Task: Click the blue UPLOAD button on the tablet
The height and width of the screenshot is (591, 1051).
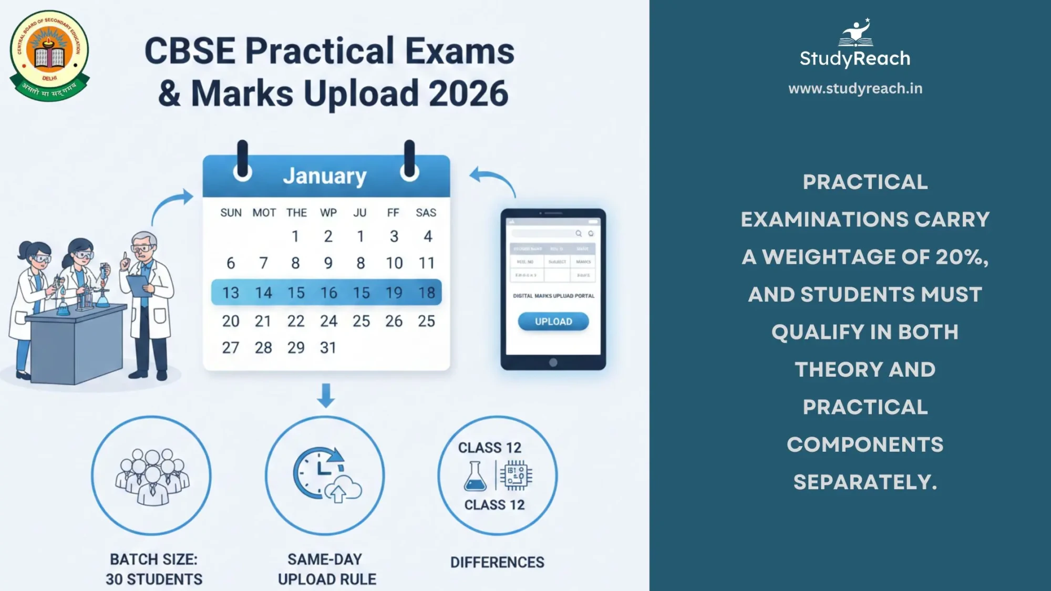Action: click(553, 322)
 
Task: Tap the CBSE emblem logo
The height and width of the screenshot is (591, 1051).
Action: click(49, 55)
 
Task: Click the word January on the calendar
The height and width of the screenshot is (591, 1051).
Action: click(325, 176)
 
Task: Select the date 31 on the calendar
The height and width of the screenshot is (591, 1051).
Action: click(328, 348)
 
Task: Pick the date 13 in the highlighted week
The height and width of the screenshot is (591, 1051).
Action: click(231, 293)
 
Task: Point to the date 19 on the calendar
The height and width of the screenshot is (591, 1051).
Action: click(394, 293)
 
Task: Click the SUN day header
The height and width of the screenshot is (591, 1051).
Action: click(231, 213)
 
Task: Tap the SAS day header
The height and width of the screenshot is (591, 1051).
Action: click(426, 213)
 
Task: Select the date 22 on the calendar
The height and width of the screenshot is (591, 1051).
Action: click(296, 321)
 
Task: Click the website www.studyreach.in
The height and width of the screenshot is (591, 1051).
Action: click(855, 88)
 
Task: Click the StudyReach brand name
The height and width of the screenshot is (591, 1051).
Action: click(855, 58)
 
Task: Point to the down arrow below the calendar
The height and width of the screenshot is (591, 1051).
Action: click(326, 395)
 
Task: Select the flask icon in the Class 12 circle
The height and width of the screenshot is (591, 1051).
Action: click(475, 476)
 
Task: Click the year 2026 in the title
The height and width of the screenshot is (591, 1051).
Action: click(468, 94)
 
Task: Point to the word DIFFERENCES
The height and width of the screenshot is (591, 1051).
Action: click(497, 562)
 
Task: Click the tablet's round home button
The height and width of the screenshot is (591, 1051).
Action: click(553, 362)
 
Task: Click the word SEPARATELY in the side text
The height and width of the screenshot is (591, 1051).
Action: click(864, 482)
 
